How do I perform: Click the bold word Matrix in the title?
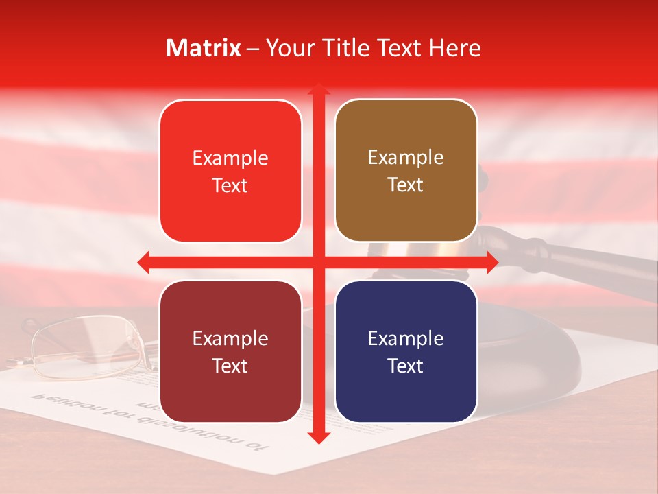[204, 48]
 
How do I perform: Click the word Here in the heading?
[454, 48]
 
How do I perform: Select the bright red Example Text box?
[230, 171]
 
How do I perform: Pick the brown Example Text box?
[406, 171]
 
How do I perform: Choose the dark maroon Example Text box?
[230, 351]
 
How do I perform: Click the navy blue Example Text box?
[406, 351]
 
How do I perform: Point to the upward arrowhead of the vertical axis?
[318, 89]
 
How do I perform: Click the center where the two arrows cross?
[318, 262]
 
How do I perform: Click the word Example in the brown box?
[406, 158]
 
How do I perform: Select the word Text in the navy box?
[406, 366]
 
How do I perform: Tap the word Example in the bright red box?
[230, 158]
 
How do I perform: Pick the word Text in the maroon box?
[230, 366]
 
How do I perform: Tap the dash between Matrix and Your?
[253, 48]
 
